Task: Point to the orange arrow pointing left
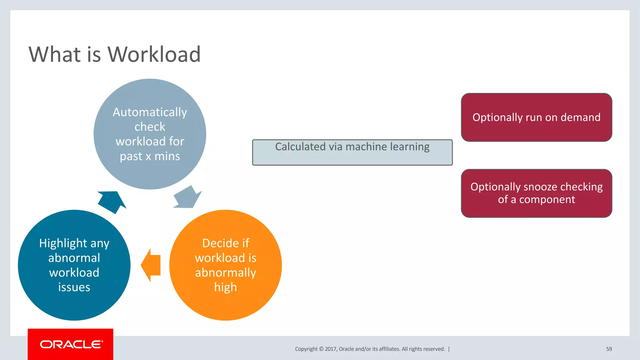coord(151,265)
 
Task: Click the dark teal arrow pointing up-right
coord(112,201)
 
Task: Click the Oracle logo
coord(71,344)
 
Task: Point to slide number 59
coord(609,349)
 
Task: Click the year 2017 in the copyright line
coord(330,349)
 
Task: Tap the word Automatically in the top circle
coord(150,112)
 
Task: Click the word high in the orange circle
coord(225,287)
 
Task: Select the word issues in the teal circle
coord(74,287)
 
